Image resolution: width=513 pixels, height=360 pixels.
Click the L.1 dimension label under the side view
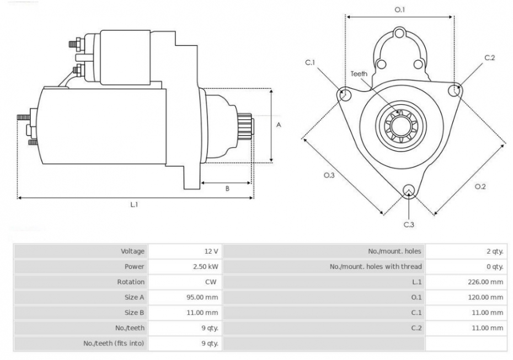(134, 205)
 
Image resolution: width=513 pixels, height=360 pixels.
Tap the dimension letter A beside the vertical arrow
(279, 125)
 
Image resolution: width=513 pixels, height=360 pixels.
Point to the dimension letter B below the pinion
(227, 189)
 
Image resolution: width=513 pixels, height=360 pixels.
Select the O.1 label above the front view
(399, 10)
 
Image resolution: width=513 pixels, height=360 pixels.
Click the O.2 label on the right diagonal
(480, 186)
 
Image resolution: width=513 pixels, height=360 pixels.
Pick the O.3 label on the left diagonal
(329, 175)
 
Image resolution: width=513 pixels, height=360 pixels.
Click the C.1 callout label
(310, 62)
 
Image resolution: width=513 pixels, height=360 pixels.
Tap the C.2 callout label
(489, 57)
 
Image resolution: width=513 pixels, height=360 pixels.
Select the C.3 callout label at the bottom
(409, 224)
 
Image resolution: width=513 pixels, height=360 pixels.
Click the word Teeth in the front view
(359, 74)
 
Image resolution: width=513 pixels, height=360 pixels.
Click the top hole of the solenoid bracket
(399, 33)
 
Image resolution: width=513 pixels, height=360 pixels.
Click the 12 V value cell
(211, 251)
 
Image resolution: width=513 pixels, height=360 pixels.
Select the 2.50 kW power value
(205, 266)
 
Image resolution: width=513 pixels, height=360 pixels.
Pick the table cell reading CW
(211, 282)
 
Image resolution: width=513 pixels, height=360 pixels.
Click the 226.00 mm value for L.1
(485, 282)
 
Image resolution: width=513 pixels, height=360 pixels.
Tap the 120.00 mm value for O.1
(485, 297)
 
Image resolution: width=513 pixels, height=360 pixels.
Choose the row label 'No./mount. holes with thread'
(376, 266)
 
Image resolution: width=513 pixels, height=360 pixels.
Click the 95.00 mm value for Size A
(202, 297)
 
